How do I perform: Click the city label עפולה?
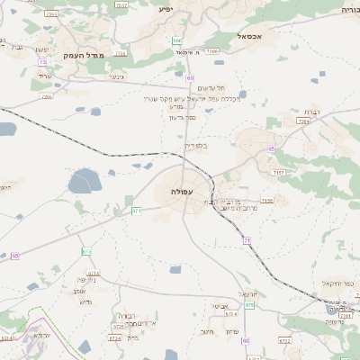pyautogui.click(x=183, y=192)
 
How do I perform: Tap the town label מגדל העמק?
pyautogui.click(x=85, y=56)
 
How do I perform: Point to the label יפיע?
pyautogui.click(x=166, y=8)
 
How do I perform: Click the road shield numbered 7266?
pyautogui.click(x=211, y=51)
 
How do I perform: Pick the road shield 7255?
pyautogui.click(x=47, y=96)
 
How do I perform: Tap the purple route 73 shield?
pyautogui.click(x=42, y=62)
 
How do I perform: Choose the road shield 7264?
pyautogui.click(x=302, y=120)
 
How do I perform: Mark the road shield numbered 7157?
pyautogui.click(x=279, y=171)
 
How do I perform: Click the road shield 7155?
pyautogui.click(x=266, y=201)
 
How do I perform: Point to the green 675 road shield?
pyautogui.click(x=249, y=306)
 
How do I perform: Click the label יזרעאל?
pyautogui.click(x=247, y=294)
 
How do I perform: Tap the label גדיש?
pyautogui.click(x=85, y=301)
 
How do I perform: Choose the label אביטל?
pyautogui.click(x=219, y=306)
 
